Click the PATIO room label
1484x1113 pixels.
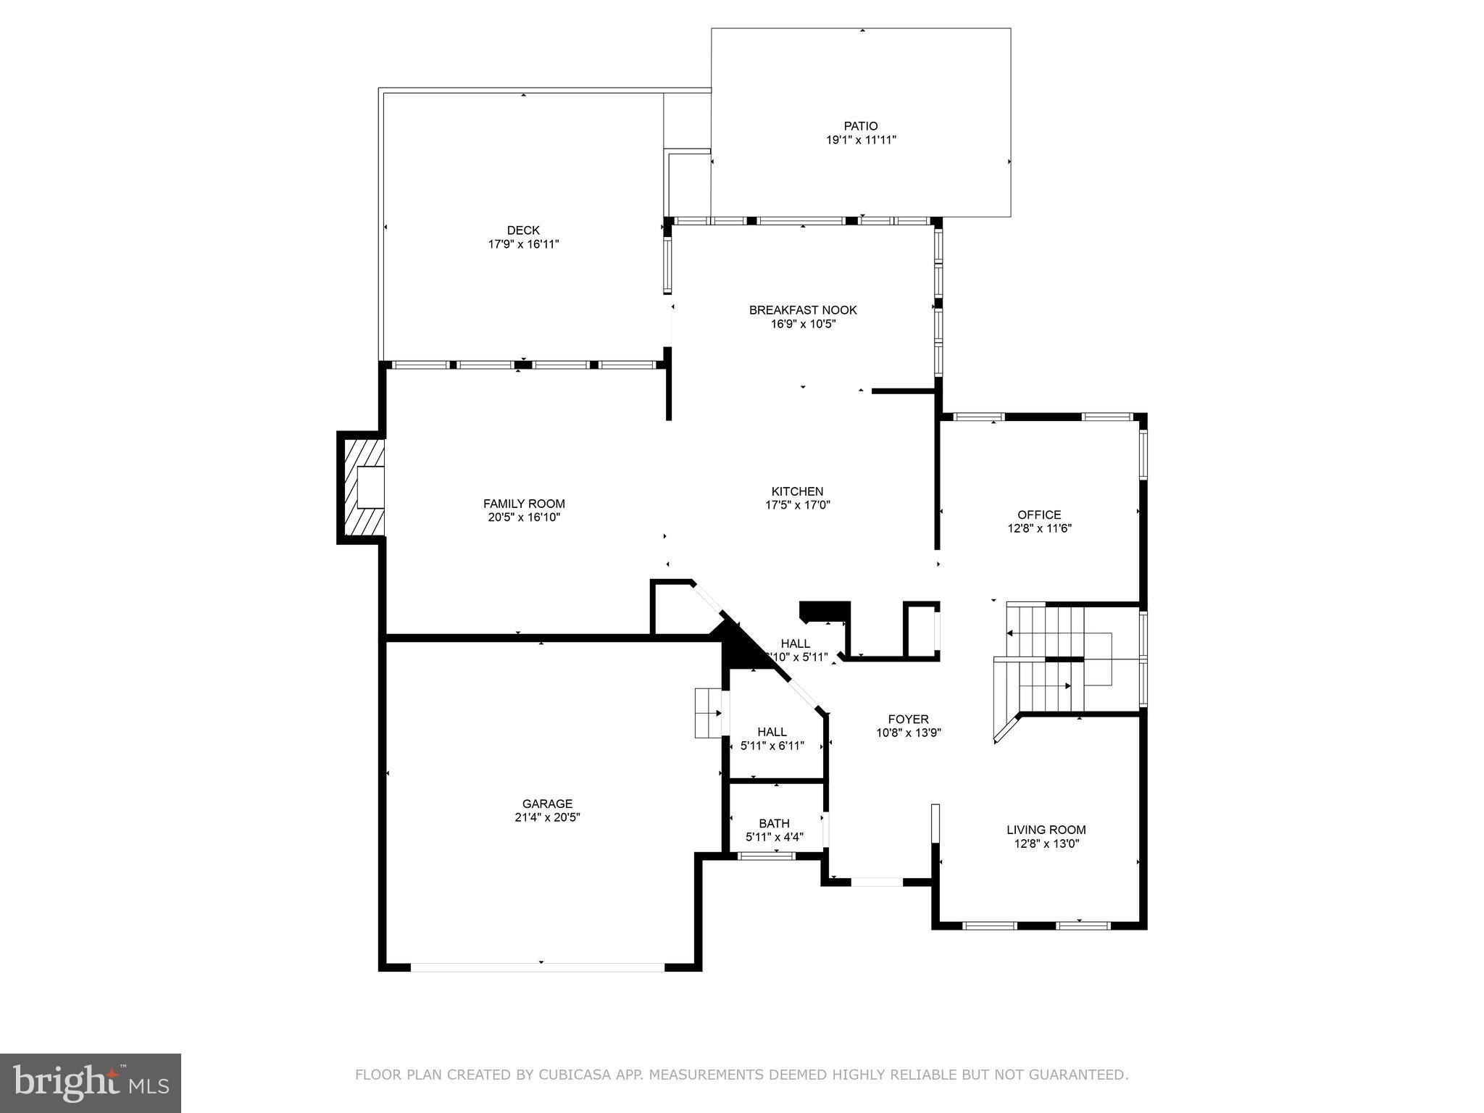click(x=860, y=126)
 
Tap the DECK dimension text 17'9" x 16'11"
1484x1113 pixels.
click(x=523, y=244)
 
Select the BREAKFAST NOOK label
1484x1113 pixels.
click(x=803, y=310)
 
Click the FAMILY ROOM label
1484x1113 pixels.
click(x=524, y=504)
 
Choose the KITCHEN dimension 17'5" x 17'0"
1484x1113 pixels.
click(x=797, y=505)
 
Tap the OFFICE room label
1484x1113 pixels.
click(x=1039, y=514)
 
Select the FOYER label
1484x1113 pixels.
click(x=908, y=719)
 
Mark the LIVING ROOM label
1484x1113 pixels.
click(x=1046, y=830)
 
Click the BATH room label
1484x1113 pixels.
click(x=774, y=823)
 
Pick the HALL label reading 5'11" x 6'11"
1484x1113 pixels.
click(x=772, y=745)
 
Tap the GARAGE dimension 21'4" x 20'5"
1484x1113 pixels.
click(x=547, y=817)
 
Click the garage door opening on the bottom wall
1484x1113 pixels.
click(x=537, y=967)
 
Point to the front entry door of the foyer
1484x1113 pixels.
click(x=876, y=882)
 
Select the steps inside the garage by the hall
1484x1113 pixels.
click(x=707, y=713)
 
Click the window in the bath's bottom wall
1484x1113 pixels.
click(x=766, y=856)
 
